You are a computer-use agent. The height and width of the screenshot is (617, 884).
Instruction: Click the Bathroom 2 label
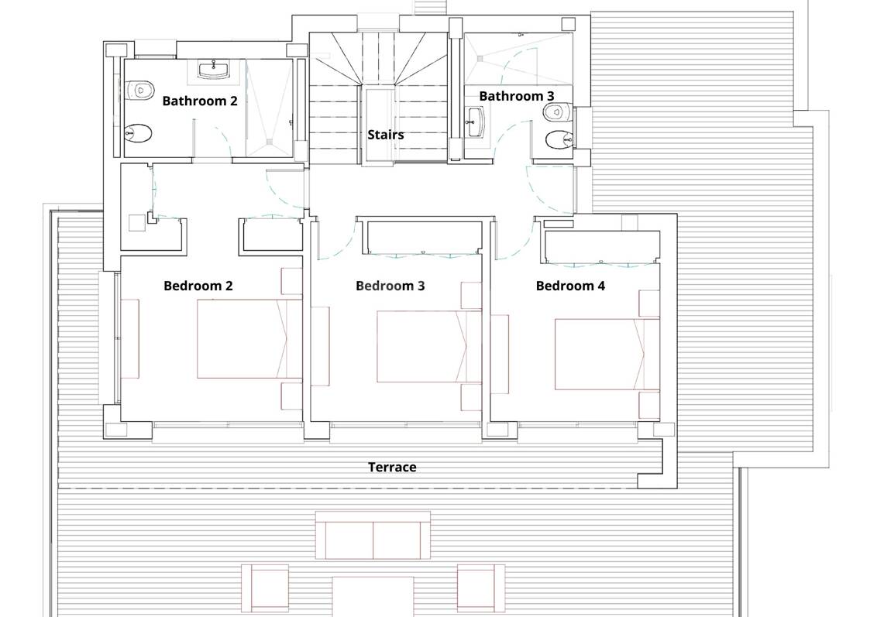click(200, 101)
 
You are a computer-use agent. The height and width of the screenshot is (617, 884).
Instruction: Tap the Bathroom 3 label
click(517, 96)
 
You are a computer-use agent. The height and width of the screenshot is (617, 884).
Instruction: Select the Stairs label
click(386, 135)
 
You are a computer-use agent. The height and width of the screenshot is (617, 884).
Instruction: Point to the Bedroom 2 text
click(198, 286)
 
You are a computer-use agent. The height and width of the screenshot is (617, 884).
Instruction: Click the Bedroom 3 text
click(390, 286)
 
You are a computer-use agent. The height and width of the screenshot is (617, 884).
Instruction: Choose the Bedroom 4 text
click(570, 286)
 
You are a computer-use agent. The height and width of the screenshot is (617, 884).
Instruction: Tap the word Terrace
click(392, 467)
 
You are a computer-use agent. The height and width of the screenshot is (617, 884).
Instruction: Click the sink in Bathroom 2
click(214, 70)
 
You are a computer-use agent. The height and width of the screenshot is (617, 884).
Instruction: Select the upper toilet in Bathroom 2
click(139, 90)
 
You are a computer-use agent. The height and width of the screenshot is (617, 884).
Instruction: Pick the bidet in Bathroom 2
click(138, 134)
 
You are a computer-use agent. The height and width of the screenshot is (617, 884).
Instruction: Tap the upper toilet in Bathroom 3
click(559, 112)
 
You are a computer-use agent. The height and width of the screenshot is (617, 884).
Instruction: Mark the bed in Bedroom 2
click(249, 338)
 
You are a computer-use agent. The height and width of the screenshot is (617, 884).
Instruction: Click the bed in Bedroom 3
click(429, 347)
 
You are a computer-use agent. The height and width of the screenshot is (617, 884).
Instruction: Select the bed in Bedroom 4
click(607, 355)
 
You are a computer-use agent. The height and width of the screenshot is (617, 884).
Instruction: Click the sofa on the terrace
click(373, 535)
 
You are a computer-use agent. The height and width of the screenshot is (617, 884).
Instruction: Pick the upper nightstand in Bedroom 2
click(292, 281)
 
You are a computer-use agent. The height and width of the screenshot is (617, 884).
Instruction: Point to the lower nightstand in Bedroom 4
click(649, 405)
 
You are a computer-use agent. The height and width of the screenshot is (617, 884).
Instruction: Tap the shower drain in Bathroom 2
click(270, 142)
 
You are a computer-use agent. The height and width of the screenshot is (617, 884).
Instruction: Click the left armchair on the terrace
click(266, 588)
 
